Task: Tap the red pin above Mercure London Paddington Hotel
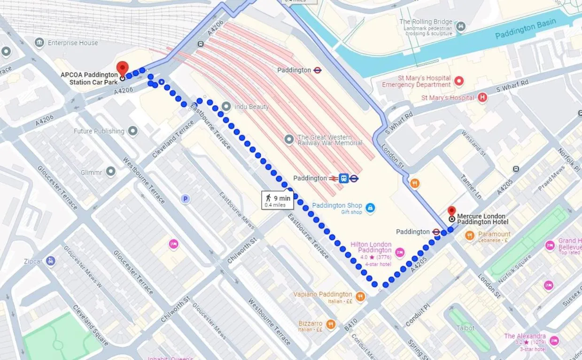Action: coord(451,210)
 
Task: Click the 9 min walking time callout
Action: coord(278,200)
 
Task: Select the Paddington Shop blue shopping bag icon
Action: coord(370,207)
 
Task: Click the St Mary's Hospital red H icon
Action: coord(482,98)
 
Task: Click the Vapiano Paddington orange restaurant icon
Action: coord(360,296)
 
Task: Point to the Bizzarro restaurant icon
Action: coord(331,324)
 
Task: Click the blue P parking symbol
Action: coord(185,199)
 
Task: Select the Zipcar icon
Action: coord(51,260)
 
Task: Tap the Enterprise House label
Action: coord(73,43)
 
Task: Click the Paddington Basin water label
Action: coord(525,30)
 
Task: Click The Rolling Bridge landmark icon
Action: coord(461,26)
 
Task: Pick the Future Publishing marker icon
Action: coord(133,131)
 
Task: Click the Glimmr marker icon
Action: coord(111,172)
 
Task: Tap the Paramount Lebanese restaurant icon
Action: coord(469,236)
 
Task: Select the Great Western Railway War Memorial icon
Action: coord(290,139)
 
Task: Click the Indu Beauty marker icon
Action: coord(226,107)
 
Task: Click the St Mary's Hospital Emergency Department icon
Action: coord(459,81)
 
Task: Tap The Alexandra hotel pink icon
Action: coord(554,340)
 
